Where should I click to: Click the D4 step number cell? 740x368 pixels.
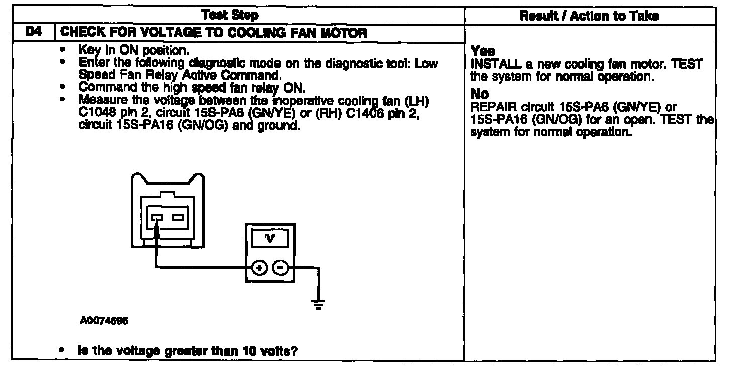33,33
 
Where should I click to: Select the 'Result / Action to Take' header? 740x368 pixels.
589,16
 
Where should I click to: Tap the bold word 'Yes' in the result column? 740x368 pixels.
483,51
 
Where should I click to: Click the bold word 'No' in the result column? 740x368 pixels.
479,95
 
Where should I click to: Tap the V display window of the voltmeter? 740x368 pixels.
270,238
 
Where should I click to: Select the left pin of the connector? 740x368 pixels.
156,217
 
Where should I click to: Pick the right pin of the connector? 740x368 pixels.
178,217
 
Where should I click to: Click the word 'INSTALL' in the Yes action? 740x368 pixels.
490,65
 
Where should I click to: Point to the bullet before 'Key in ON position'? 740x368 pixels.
63,50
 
